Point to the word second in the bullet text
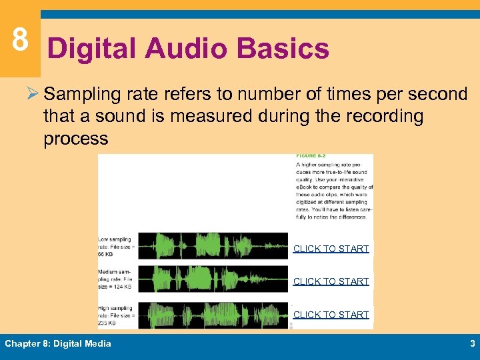click(435, 94)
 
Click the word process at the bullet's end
click(75, 139)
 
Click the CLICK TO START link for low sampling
click(331, 249)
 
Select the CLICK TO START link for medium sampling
click(331, 281)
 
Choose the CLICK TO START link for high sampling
click(331, 315)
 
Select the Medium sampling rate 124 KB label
click(117, 279)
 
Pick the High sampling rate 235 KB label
click(117, 315)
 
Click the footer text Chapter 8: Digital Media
click(58, 344)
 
